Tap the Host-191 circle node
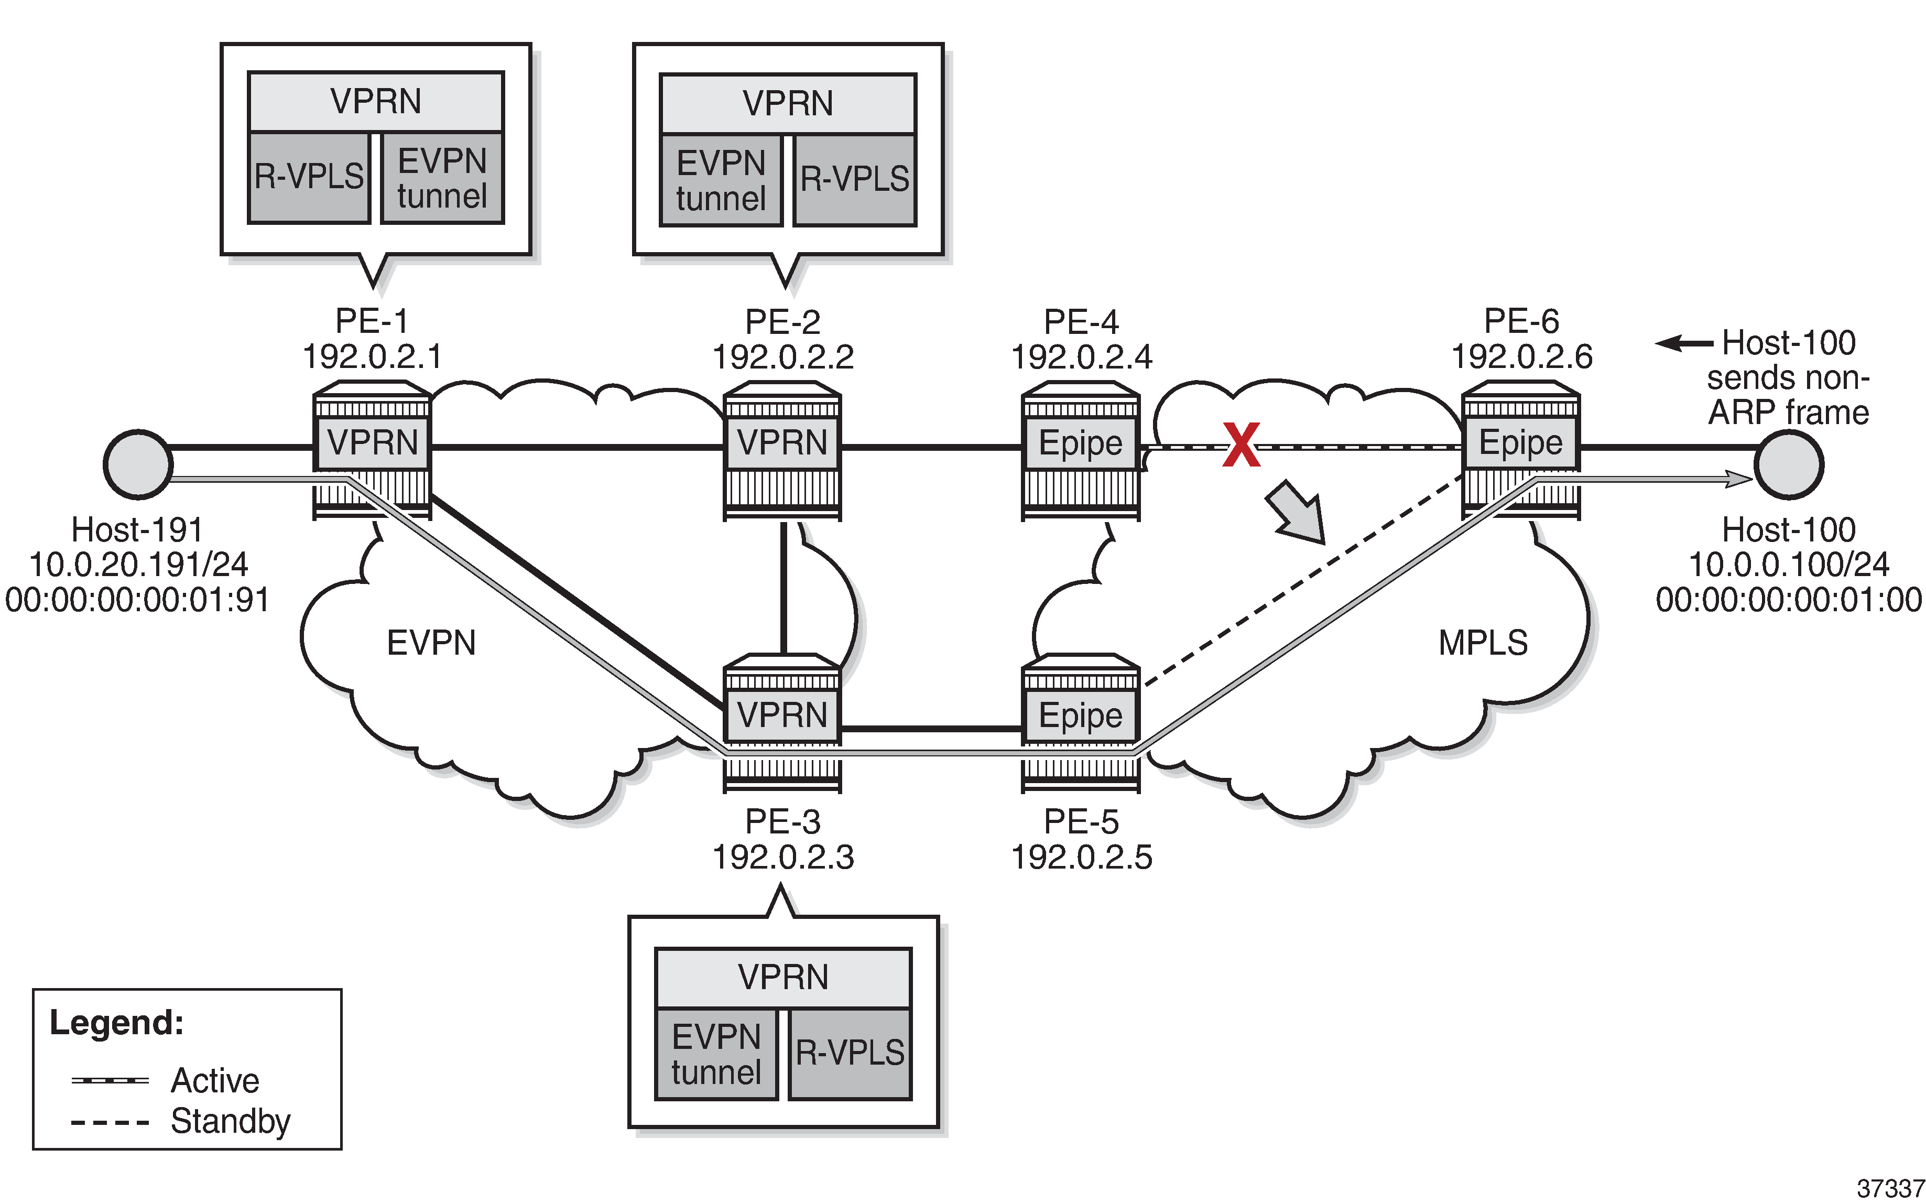point(138,464)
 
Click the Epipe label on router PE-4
point(1080,443)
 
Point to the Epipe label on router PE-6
point(1520,442)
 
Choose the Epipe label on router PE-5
point(1080,716)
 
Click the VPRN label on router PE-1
point(372,442)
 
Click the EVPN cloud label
point(431,643)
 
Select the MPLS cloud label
point(1483,643)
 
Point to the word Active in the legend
point(215,1080)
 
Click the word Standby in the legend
point(231,1121)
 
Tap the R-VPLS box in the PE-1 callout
point(309,177)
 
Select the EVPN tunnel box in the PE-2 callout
point(721,181)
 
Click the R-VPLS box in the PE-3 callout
point(850,1054)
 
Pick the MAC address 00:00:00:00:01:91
point(138,600)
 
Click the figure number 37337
point(1890,1189)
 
